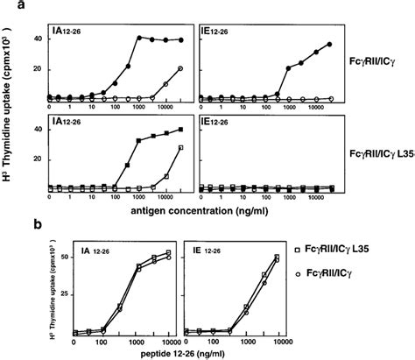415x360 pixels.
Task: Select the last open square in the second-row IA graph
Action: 180,148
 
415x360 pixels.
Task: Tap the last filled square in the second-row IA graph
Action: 180,130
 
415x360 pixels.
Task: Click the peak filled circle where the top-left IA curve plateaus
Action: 140,38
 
